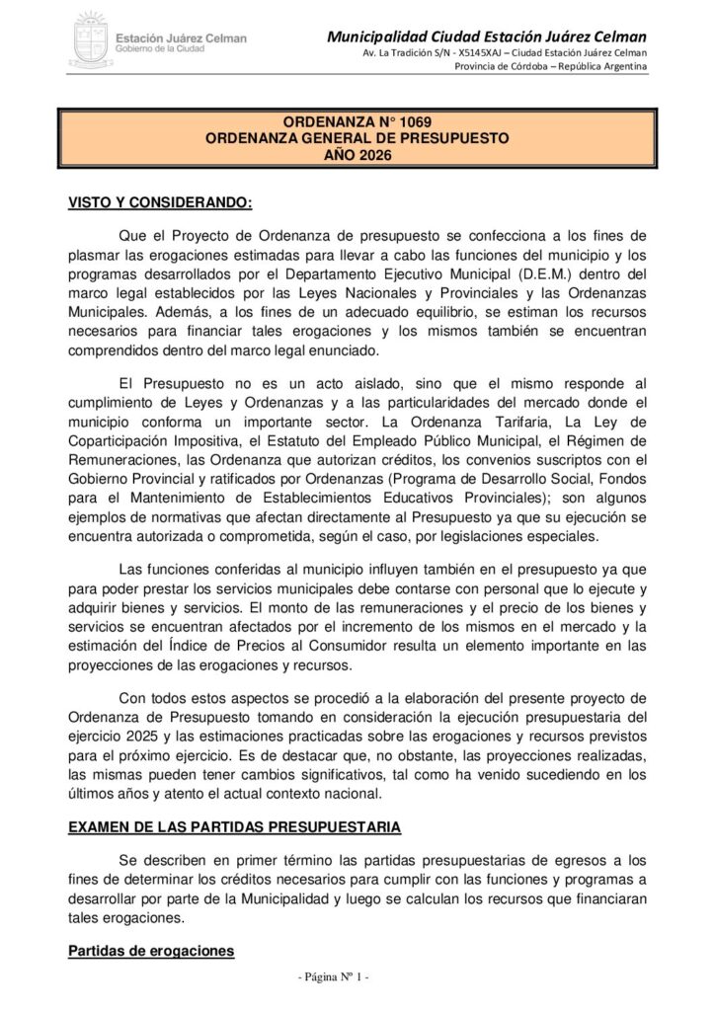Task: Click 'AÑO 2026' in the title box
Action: [357, 155]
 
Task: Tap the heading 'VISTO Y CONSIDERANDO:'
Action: [160, 204]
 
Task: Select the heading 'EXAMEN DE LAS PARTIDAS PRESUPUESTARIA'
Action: [233, 825]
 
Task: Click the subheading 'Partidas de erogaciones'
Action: [150, 951]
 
